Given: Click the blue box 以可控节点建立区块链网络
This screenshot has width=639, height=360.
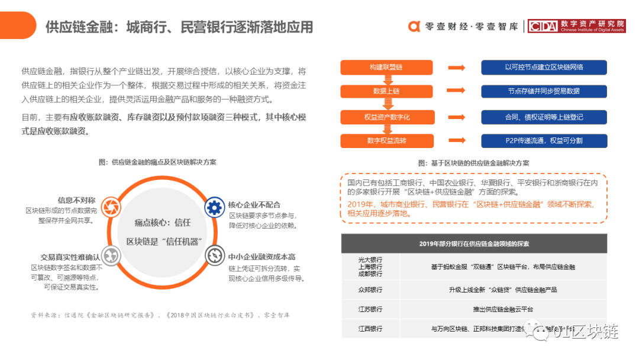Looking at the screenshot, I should [544, 67].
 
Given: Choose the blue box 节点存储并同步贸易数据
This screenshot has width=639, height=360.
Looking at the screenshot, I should [544, 92].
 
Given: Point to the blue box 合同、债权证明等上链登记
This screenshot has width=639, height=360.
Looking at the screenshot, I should [544, 117].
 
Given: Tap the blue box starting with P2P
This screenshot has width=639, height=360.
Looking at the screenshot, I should [544, 141].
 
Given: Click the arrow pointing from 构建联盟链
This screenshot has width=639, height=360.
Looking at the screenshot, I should [456, 67].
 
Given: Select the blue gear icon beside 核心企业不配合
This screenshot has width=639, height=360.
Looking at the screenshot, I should [214, 207].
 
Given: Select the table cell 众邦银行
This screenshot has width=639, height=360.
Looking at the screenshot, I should [370, 290].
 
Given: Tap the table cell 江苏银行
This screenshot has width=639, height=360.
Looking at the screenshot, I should [370, 309].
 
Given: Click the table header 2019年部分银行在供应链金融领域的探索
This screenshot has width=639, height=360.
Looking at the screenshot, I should [474, 243].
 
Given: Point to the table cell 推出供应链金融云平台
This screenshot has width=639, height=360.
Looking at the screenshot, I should [503, 309].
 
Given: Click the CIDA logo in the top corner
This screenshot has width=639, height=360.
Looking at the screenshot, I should [577, 26].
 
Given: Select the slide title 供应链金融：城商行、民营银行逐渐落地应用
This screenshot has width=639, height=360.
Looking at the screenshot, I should [179, 27].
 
